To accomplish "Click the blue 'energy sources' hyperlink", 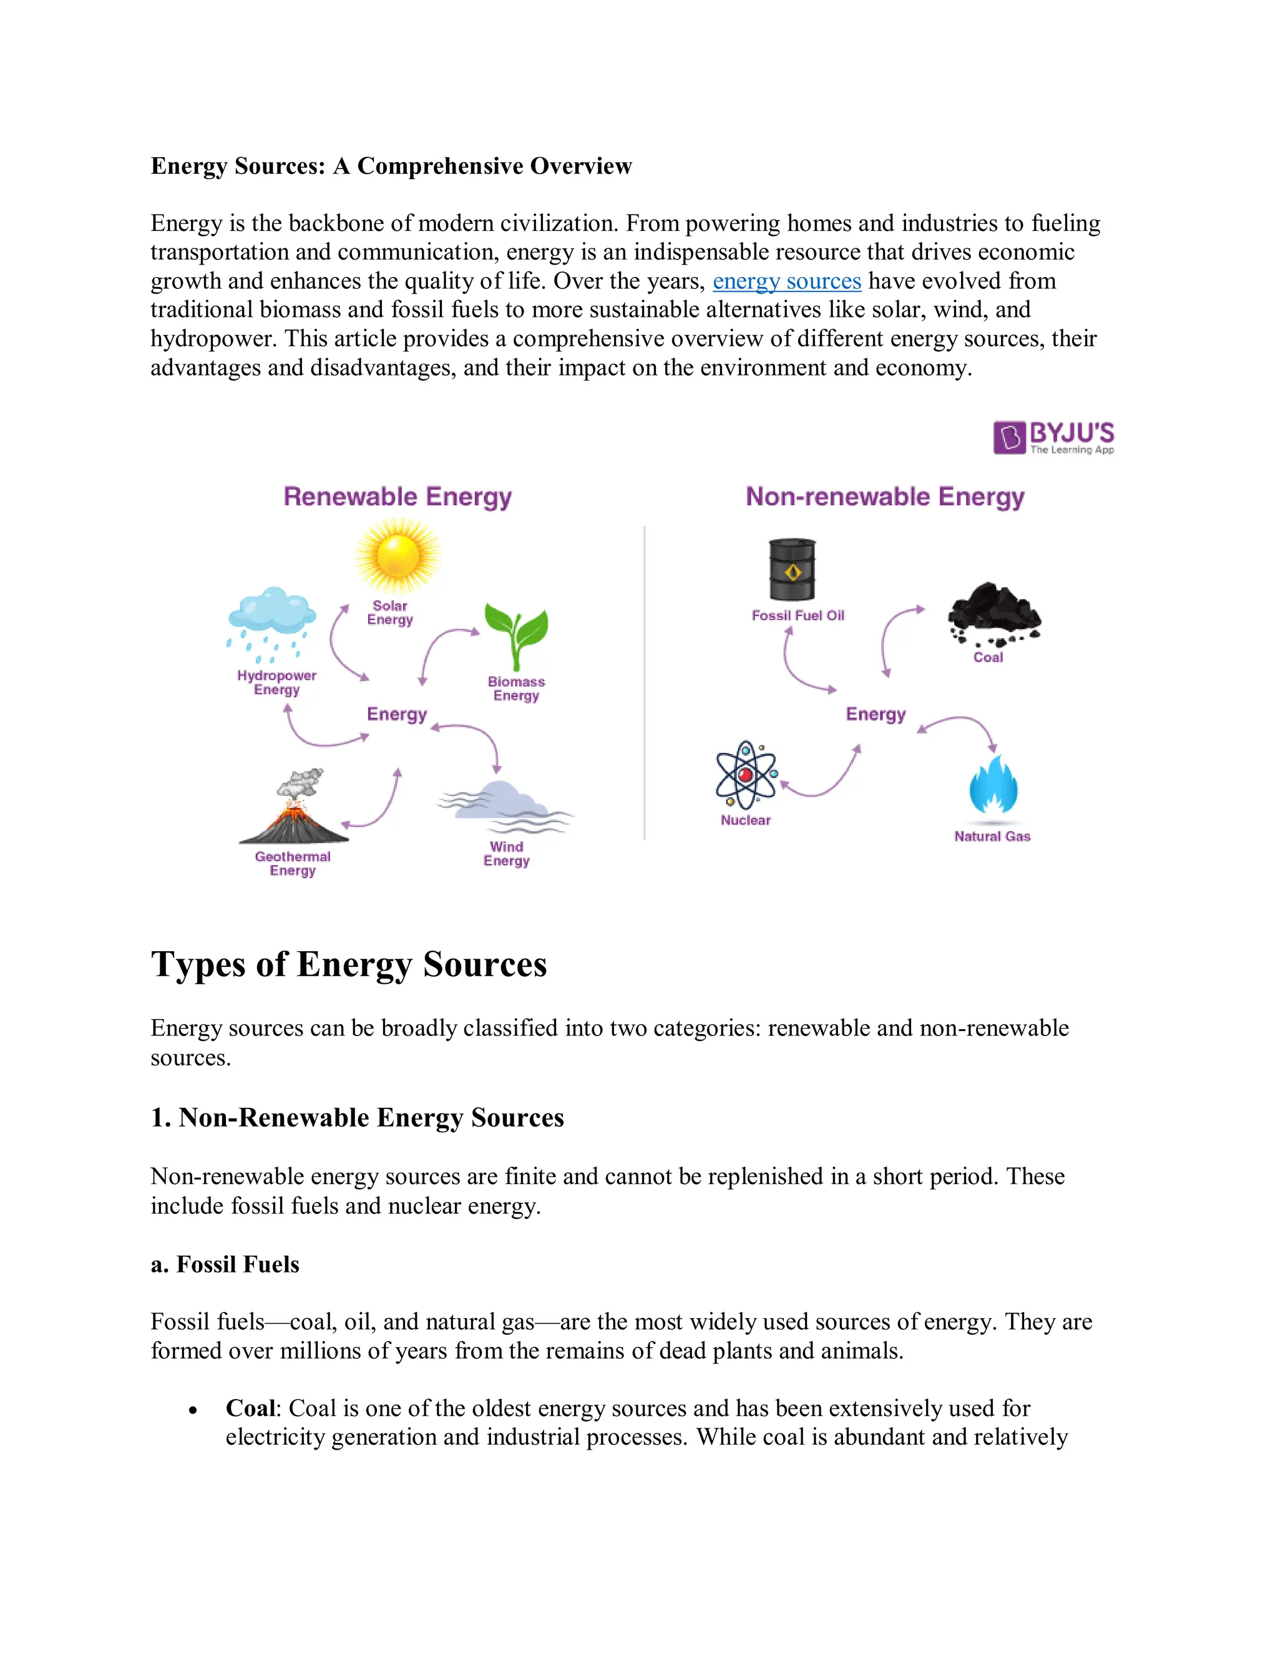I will tap(787, 281).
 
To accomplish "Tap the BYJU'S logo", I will tap(1053, 437).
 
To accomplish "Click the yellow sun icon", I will tap(398, 556).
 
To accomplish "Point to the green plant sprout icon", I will tap(516, 634).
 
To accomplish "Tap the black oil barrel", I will tap(792, 569).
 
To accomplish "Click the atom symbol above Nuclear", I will tap(746, 773).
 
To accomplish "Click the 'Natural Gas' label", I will tap(992, 836).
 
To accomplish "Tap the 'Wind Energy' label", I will tap(507, 854).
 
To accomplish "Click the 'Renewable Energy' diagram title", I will tap(398, 497).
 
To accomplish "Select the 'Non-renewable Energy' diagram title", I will tap(884, 497).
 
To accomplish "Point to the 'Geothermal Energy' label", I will tap(292, 863).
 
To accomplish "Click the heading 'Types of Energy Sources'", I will tap(348, 964).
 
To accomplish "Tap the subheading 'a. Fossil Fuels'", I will tap(225, 1265).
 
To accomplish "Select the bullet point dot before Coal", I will tap(193, 1410).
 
